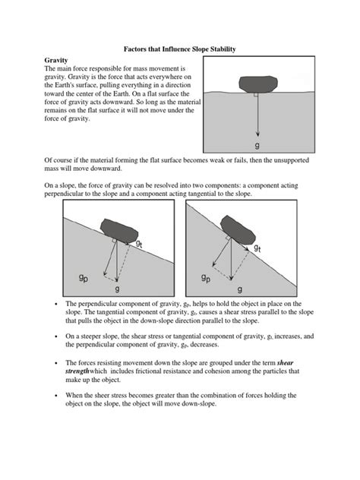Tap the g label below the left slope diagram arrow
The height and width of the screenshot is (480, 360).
pos(116,289)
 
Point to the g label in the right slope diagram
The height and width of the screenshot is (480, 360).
pos(240,289)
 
